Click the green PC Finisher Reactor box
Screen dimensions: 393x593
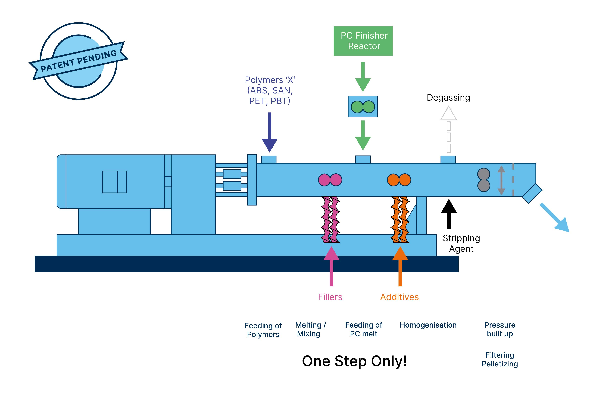[363, 41]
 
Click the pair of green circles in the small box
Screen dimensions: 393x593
[363, 107]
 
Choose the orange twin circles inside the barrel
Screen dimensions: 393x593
[399, 180]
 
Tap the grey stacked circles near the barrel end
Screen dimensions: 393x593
[483, 180]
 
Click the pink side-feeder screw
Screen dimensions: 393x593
[330, 220]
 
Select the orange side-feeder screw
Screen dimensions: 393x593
[400, 220]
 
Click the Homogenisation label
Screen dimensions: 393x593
[428, 325]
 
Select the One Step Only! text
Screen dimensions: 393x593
[354, 361]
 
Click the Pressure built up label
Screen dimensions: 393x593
[500, 329]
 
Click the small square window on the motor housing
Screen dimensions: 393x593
[115, 182]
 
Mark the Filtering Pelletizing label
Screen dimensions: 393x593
[500, 359]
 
